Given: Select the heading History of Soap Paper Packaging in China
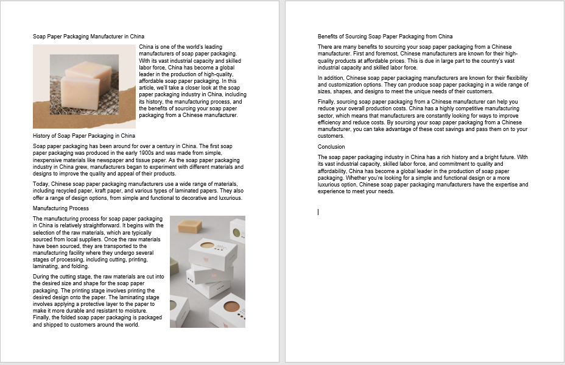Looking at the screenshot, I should tap(84, 135).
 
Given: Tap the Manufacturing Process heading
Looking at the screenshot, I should tap(61, 208).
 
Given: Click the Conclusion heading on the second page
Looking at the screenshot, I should tap(331, 147).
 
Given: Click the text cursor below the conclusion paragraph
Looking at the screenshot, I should tap(318, 212).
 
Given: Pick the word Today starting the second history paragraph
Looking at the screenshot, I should tap(40, 184).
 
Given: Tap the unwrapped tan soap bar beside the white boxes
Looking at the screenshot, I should tap(190, 227).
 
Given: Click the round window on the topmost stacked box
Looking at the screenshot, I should tap(208, 246).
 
